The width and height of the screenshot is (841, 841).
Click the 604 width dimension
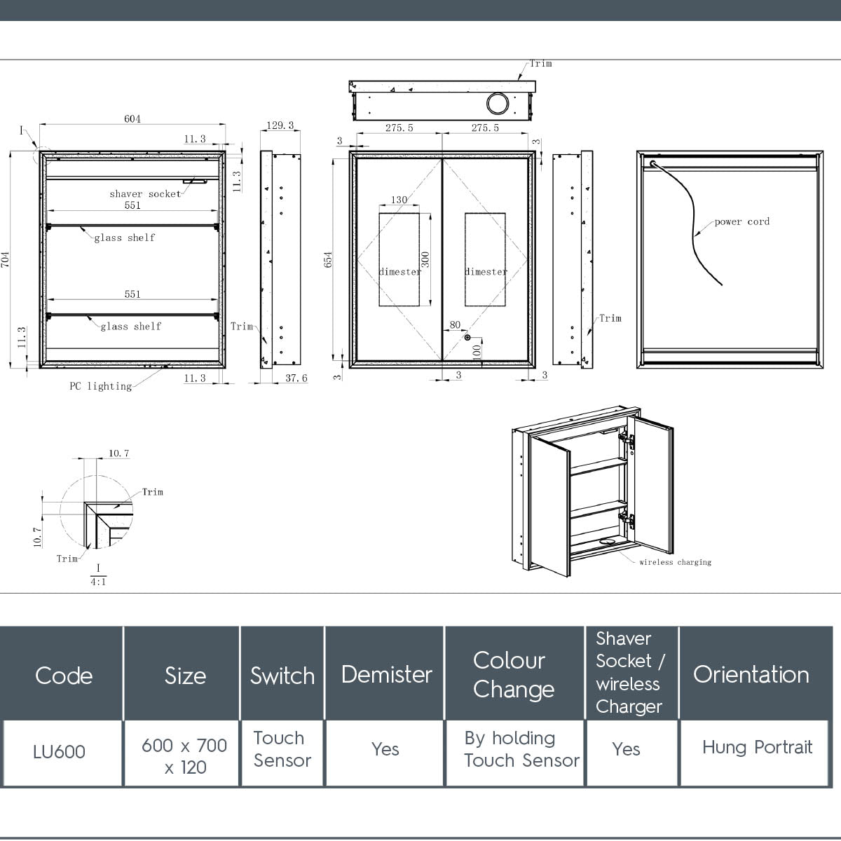[x=132, y=118]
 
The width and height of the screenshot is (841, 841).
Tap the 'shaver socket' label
[x=145, y=194]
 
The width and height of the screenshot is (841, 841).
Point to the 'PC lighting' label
[x=100, y=386]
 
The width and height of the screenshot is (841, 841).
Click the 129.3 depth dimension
[x=280, y=125]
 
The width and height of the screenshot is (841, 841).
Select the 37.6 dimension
[x=295, y=378]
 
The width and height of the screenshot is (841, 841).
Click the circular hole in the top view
[x=498, y=104]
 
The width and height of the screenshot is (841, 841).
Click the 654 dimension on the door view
[x=328, y=259]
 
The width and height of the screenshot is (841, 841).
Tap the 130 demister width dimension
[x=399, y=200]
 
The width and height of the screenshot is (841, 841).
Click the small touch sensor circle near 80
[x=467, y=337]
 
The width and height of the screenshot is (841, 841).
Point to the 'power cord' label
[x=741, y=221]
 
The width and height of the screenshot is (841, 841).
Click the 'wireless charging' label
[x=675, y=562]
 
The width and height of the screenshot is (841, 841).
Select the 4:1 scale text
[x=98, y=582]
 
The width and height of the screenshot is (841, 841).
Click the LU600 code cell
[x=60, y=752]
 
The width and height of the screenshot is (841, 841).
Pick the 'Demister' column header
[x=386, y=674]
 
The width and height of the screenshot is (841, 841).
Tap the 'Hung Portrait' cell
[x=757, y=747]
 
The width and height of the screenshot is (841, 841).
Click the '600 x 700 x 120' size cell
[x=184, y=755]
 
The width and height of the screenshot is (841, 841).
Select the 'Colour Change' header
[x=512, y=674]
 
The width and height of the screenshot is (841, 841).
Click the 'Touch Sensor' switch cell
[x=282, y=749]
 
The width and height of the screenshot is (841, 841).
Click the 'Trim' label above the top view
[x=540, y=64]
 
